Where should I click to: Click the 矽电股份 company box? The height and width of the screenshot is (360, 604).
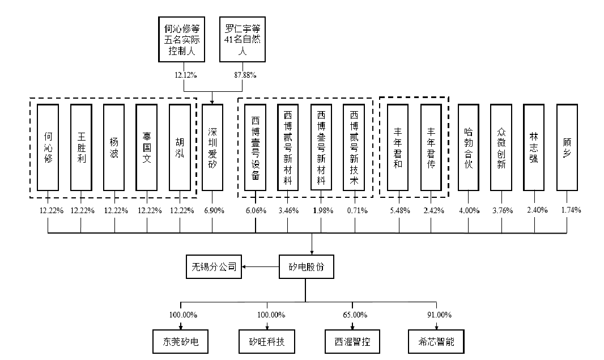click(x=306, y=266)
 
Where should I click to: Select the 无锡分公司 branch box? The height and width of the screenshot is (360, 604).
click(x=214, y=266)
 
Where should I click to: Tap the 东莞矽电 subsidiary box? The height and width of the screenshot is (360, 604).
click(x=180, y=341)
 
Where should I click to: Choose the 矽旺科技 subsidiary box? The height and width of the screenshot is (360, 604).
click(x=266, y=341)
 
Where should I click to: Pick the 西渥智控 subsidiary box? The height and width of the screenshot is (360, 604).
click(x=352, y=341)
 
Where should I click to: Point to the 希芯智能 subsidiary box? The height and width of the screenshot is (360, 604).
click(x=436, y=341)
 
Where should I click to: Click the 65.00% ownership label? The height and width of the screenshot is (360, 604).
click(x=355, y=315)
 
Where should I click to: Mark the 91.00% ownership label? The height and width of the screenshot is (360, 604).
click(x=439, y=315)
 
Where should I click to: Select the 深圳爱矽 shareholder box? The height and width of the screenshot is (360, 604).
click(x=212, y=147)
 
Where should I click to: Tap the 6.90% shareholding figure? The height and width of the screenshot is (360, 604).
click(x=214, y=210)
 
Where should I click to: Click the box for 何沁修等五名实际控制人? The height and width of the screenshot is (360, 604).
click(x=181, y=39)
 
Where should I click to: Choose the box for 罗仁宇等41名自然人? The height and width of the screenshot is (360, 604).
click(x=243, y=39)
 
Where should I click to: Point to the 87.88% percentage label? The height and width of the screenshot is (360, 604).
click(x=245, y=75)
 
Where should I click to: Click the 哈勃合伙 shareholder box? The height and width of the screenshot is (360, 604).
click(x=469, y=147)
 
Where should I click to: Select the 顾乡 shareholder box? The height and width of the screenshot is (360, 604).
click(x=567, y=147)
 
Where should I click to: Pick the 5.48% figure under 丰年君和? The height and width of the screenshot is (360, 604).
click(x=400, y=210)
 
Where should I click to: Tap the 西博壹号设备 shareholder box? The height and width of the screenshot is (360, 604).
click(x=256, y=147)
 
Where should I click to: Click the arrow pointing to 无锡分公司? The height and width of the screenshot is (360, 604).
click(x=261, y=266)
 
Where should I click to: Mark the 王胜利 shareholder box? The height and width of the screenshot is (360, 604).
click(x=81, y=147)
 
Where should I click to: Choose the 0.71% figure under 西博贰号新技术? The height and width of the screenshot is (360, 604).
click(x=357, y=210)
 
